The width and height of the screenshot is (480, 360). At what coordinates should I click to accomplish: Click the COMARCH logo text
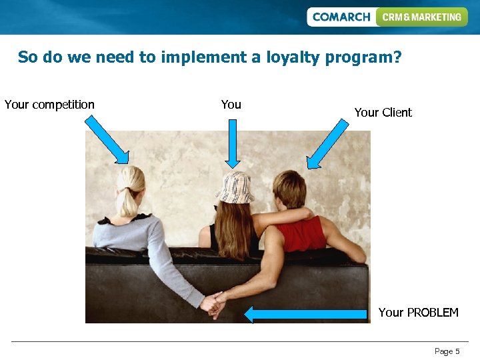tap(341, 17)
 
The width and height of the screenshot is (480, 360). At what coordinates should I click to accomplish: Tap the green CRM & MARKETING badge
tap(421, 17)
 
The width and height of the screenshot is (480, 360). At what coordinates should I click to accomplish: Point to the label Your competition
tap(49, 105)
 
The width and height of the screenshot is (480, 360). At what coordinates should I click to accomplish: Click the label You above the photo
tap(231, 105)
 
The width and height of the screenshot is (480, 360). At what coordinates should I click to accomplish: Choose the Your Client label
tap(383, 113)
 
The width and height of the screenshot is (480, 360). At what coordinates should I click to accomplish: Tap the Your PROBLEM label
tap(418, 313)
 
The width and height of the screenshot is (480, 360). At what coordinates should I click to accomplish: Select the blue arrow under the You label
tap(232, 143)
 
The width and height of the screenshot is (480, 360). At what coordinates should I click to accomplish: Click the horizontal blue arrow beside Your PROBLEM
tap(306, 314)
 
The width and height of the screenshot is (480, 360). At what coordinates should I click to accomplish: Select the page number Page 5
tap(447, 351)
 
